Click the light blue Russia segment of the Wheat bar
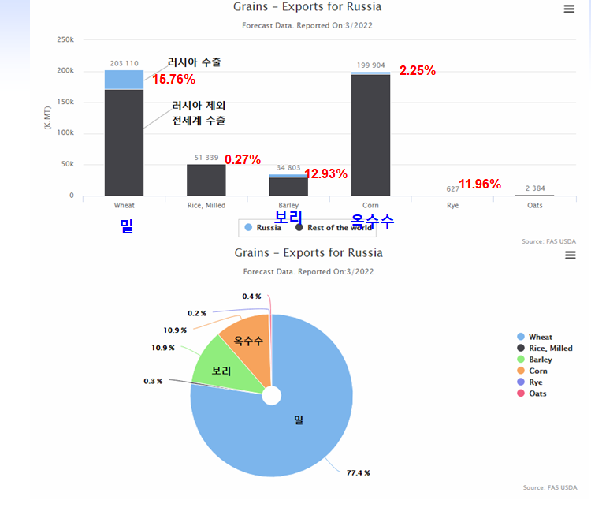click(x=124, y=80)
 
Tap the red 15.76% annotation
click(x=173, y=79)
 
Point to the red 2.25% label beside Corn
click(x=417, y=70)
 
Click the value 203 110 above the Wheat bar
click(x=125, y=63)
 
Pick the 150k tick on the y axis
click(x=66, y=102)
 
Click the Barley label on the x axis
click(x=288, y=206)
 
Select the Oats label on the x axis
click(x=534, y=206)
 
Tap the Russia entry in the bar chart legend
click(x=263, y=228)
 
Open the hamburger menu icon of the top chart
click(x=570, y=9)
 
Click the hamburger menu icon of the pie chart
click(x=570, y=255)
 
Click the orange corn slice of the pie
click(x=247, y=340)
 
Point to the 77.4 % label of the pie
click(x=358, y=472)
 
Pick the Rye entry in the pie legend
click(x=535, y=382)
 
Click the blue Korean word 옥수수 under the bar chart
click(x=373, y=222)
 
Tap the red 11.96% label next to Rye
click(x=479, y=185)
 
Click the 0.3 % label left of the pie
click(x=153, y=381)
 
